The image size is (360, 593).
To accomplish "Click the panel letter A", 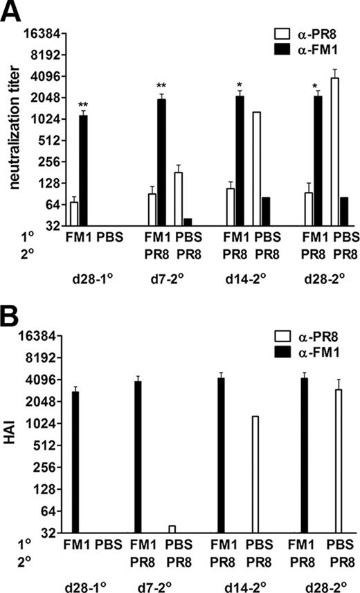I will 11,12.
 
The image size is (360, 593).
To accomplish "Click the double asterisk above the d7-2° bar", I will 161,87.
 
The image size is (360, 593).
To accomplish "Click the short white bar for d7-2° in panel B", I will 172,529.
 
